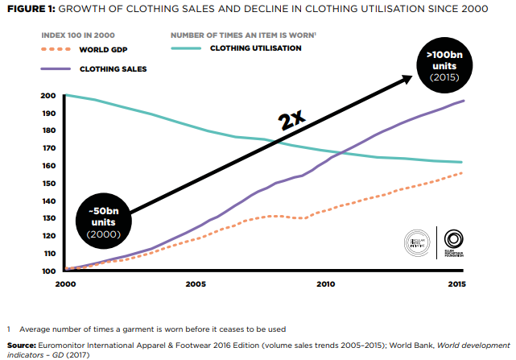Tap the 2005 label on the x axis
[x=196, y=283]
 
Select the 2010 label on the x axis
[x=326, y=283]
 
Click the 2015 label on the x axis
[x=456, y=283]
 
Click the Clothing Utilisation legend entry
[x=255, y=48]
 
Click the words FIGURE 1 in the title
[x=30, y=11]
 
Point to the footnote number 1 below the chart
[x=8, y=329]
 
